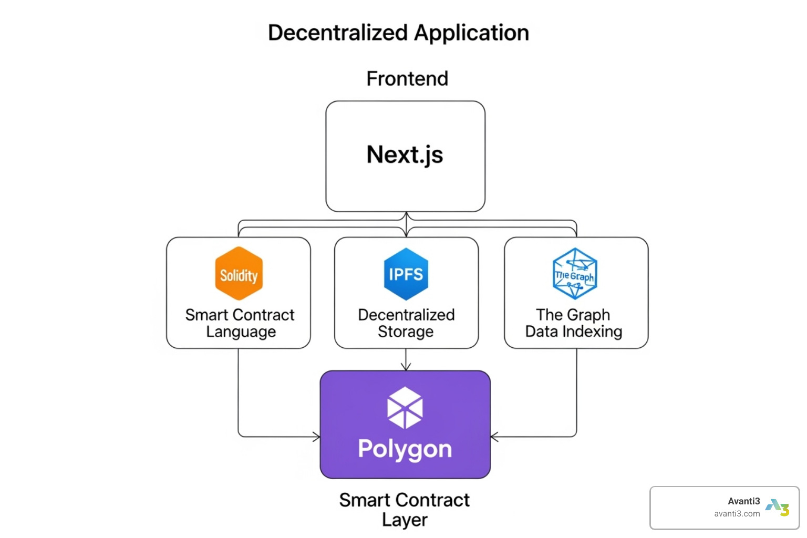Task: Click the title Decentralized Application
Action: [398, 33]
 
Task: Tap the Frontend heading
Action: [407, 79]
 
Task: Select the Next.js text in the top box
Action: [405, 154]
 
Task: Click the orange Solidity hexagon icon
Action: [239, 274]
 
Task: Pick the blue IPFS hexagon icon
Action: [406, 274]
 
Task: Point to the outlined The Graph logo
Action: [575, 274]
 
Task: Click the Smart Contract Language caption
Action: [240, 323]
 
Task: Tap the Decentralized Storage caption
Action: [406, 323]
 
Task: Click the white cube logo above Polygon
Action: [405, 408]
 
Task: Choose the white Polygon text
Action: [405, 449]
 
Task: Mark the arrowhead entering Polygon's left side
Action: [317, 437]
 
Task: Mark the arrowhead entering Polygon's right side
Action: [494, 437]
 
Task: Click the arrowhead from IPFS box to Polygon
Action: [406, 367]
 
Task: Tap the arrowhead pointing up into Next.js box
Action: [406, 215]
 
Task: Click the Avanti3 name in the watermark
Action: [743, 501]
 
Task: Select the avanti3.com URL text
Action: [737, 514]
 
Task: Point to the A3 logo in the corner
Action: [778, 508]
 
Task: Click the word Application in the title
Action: [471, 33]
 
